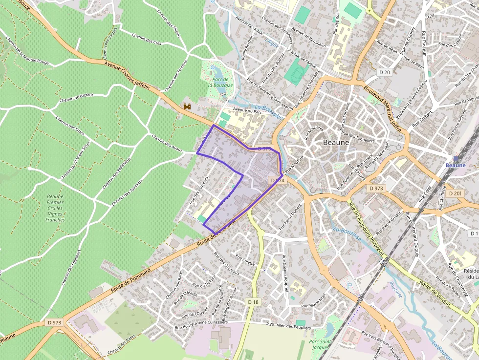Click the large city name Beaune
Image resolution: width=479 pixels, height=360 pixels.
[336, 142]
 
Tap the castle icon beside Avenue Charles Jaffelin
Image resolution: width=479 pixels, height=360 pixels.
[186, 106]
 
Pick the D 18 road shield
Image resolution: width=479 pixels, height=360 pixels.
[253, 302]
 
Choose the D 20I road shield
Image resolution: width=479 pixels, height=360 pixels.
[454, 193]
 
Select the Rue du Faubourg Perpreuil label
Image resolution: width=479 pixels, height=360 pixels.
[365, 225]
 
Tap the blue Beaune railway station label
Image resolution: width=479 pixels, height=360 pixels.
[456, 165]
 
